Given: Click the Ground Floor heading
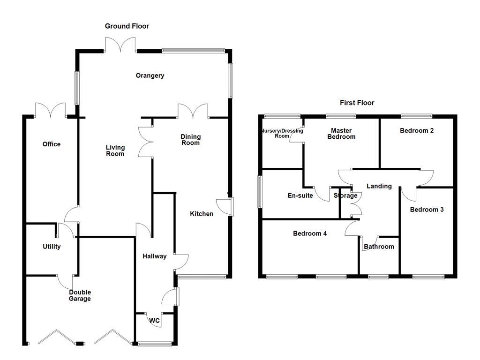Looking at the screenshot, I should (127, 26).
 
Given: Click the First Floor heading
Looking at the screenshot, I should (357, 103).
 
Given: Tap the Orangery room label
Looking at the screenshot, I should (150, 75).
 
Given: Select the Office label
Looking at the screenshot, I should (52, 144).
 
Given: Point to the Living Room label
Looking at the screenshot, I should (115, 150).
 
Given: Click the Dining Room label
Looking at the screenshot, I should (191, 140).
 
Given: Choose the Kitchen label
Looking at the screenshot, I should (202, 214).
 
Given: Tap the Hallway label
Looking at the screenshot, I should (155, 256).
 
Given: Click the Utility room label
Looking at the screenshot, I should (52, 247).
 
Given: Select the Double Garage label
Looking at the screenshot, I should (80, 295).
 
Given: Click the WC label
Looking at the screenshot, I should (155, 321).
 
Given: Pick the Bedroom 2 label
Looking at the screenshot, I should (416, 131).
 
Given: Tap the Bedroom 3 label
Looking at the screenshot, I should (427, 210).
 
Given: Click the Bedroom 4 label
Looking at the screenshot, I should (310, 233).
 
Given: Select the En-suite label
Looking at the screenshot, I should (300, 195).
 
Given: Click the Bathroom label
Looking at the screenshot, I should (379, 247).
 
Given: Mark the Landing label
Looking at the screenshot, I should (379, 186).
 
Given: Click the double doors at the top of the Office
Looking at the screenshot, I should (51, 110).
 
